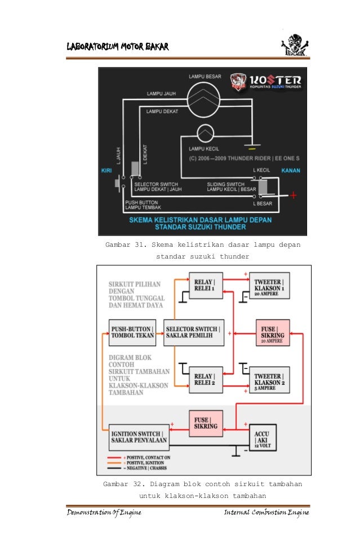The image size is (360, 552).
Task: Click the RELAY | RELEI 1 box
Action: pyautogui.click(x=206, y=285)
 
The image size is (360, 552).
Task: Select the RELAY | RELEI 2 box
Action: pyautogui.click(x=206, y=379)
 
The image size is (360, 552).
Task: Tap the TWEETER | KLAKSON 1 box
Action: pyautogui.click(x=269, y=285)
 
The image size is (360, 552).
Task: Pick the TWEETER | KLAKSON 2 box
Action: pyautogui.click(x=269, y=379)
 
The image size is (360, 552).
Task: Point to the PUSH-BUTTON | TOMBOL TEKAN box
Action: pyautogui.click(x=131, y=332)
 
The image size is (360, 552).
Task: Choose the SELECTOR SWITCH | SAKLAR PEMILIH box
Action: pyautogui.click(x=193, y=332)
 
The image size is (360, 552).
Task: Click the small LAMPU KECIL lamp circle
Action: pyautogui.click(x=205, y=135)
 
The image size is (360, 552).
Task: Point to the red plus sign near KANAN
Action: pyautogui.click(x=293, y=195)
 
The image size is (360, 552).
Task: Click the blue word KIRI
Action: pyautogui.click(x=106, y=170)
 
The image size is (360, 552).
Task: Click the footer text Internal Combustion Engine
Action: pyautogui.click(x=266, y=513)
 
